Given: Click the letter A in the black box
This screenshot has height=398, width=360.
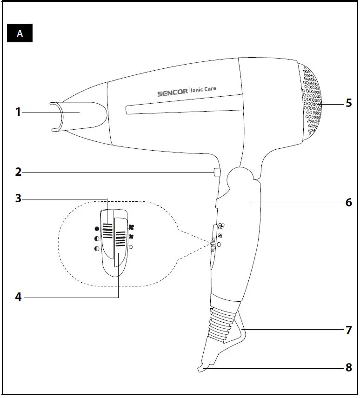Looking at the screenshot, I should (x=20, y=34).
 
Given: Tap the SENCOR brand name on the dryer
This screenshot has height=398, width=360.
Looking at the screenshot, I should (x=173, y=92).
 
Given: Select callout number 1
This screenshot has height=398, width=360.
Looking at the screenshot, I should (x=18, y=112).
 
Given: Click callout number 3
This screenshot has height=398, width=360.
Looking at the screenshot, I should (x=18, y=199).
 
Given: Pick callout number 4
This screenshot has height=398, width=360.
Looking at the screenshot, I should (x=18, y=297).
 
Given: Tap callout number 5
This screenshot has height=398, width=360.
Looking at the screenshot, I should (x=348, y=103).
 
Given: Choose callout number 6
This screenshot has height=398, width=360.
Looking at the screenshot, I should (x=348, y=203).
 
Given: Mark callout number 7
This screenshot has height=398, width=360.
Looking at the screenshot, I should (x=348, y=330).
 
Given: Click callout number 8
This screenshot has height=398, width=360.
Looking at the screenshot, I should (x=348, y=367).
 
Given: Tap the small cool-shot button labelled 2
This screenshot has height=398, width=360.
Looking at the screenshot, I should (x=216, y=172).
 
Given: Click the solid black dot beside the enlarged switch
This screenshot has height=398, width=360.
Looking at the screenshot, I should (x=97, y=229).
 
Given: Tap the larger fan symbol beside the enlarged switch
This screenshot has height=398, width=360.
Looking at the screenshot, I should (x=132, y=227).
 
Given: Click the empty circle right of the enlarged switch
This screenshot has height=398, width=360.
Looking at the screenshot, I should (x=131, y=247).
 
